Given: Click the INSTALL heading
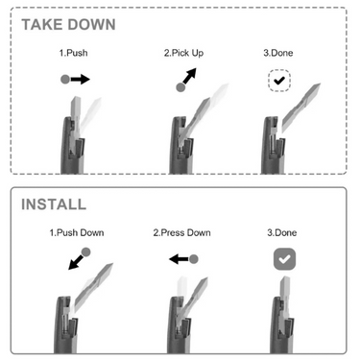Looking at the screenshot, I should (x=55, y=204).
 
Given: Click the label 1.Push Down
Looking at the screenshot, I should (x=77, y=232).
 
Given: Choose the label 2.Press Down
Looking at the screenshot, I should (x=183, y=232).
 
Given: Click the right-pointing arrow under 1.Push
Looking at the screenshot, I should (x=82, y=80).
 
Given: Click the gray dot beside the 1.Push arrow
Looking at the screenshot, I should (x=65, y=80).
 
